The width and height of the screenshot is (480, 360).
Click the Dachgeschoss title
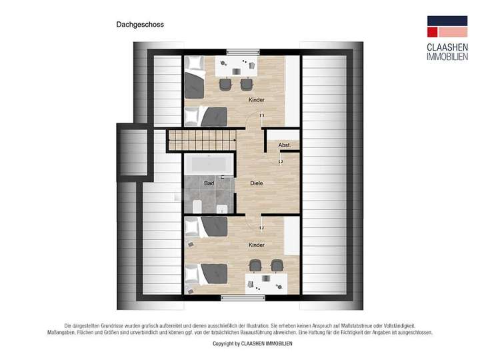[x=135, y=25]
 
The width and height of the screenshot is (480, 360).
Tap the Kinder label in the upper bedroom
[x=256, y=100]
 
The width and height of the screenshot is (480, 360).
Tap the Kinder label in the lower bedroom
[x=256, y=245]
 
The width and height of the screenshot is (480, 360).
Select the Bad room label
[x=209, y=183]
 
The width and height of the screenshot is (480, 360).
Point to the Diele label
[x=256, y=183]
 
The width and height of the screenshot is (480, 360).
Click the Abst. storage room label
[x=284, y=145]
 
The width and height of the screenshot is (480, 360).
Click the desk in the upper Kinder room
[x=237, y=67]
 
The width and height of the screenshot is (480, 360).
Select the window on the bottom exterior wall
[x=235, y=297]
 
